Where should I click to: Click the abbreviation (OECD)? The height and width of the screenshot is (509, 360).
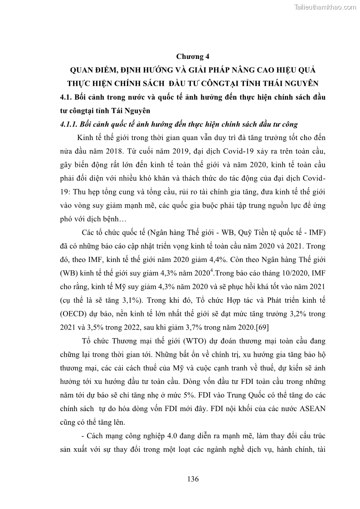(x=73, y=313)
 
